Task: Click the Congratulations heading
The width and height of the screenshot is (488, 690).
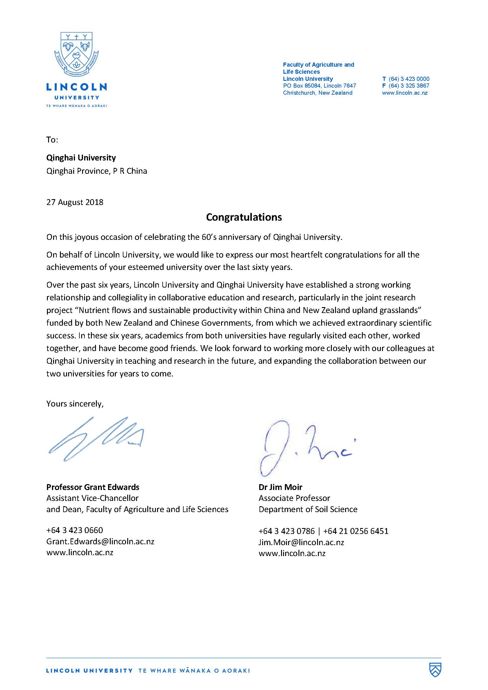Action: (x=244, y=217)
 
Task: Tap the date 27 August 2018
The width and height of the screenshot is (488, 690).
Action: (x=75, y=202)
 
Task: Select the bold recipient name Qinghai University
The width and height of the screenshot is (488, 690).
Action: (x=81, y=158)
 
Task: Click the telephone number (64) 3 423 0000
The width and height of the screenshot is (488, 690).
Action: (x=409, y=79)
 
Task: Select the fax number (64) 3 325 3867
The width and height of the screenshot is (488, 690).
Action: (x=409, y=86)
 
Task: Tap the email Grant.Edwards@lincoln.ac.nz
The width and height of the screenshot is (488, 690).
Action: (x=100, y=541)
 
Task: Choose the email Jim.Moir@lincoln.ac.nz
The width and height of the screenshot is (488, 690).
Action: (x=301, y=542)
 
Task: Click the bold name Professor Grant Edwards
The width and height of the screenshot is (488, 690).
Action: (x=93, y=487)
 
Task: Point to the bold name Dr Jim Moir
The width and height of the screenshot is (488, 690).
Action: (x=280, y=487)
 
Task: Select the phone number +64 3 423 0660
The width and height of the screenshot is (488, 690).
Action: (x=75, y=530)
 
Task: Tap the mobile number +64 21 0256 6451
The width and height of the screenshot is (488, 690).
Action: (x=356, y=531)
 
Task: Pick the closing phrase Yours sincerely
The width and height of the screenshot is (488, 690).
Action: (x=75, y=404)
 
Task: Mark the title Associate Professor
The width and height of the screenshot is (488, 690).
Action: (x=294, y=498)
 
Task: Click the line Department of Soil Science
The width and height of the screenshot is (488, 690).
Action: (x=308, y=509)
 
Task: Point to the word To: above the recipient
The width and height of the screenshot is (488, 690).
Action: (x=52, y=140)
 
